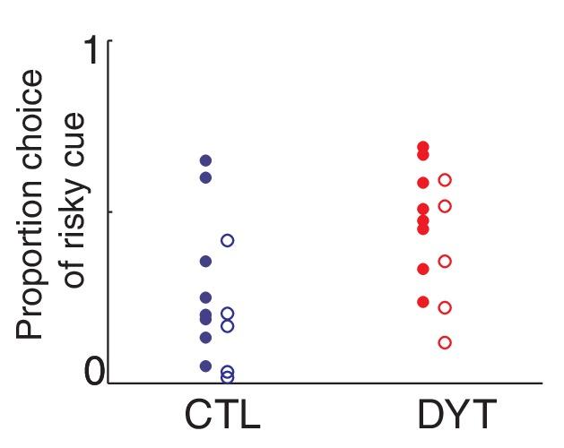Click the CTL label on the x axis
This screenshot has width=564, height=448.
point(222,418)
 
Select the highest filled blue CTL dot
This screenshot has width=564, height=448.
point(205,160)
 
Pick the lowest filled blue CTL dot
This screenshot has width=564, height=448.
point(205,366)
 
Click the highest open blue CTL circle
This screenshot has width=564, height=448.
point(228,240)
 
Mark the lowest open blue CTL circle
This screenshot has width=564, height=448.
point(228,377)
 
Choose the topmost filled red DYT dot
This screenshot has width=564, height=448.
point(423,147)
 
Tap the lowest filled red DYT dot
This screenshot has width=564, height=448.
point(423,301)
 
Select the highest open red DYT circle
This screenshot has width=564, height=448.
point(445,180)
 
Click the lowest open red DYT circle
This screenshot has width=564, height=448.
point(445,342)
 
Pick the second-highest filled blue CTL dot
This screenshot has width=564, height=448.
point(205,177)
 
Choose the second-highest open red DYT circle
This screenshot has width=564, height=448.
point(445,206)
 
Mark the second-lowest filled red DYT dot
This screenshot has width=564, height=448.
point(423,269)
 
